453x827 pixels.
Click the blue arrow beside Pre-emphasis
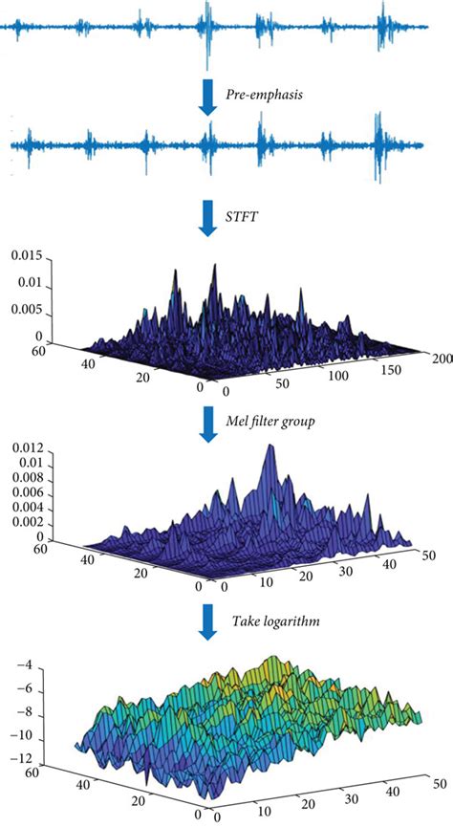click(x=207, y=95)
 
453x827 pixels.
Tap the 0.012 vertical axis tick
click(x=25, y=448)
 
